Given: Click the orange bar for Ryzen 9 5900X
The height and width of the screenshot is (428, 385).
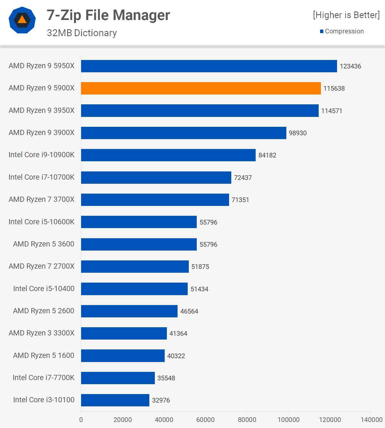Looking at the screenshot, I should (201, 88).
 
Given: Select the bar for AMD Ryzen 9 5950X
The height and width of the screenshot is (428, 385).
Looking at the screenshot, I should (209, 66).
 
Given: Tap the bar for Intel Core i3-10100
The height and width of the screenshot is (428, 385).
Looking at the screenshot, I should (115, 400).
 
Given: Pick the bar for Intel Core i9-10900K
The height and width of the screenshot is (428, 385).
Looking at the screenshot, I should (168, 155).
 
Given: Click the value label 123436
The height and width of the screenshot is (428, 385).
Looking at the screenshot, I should (350, 66).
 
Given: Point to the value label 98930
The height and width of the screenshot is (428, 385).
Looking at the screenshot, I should (298, 133).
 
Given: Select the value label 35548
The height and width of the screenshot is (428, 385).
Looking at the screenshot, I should (166, 378).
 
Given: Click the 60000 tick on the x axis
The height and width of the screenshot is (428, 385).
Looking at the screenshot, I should (205, 420).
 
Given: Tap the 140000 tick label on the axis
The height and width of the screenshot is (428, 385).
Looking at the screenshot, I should (371, 420).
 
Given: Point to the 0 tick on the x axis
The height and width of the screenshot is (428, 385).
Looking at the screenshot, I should (81, 420).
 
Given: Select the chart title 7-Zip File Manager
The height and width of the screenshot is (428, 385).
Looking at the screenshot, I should (108, 15).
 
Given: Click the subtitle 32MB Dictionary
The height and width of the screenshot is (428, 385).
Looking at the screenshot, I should (82, 33).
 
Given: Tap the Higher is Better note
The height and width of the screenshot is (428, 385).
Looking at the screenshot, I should (346, 15).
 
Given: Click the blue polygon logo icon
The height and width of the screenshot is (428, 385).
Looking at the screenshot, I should (22, 20).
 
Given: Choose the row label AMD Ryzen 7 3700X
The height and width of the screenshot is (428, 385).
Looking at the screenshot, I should (41, 199).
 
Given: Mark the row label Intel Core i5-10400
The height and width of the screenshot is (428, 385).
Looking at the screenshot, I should (44, 289).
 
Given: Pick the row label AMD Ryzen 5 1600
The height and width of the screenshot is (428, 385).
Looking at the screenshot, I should (44, 355).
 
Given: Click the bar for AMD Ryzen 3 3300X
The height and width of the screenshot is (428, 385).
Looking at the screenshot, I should (124, 333).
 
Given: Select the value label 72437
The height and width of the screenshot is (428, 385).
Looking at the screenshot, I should (243, 178).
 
